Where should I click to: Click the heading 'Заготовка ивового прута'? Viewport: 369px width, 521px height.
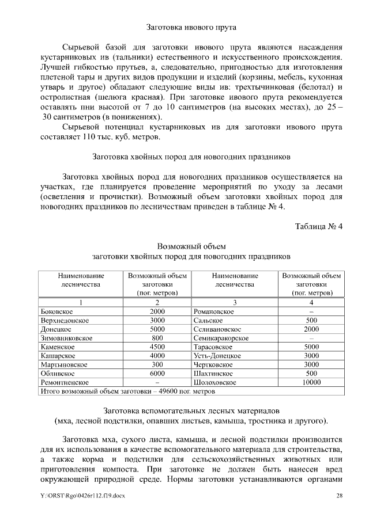point(191,26)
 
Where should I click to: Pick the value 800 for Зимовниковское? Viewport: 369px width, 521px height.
point(157,338)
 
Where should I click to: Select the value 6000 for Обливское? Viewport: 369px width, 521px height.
point(157,374)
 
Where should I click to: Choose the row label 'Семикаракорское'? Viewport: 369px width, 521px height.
point(222,338)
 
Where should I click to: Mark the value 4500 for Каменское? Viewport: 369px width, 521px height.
point(157,347)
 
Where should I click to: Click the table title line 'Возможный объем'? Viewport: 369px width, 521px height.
point(191,246)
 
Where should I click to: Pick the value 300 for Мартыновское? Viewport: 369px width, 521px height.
point(157,364)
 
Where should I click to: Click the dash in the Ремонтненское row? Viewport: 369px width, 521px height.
point(157,382)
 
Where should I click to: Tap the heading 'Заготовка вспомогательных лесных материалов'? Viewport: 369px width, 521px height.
point(191,410)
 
